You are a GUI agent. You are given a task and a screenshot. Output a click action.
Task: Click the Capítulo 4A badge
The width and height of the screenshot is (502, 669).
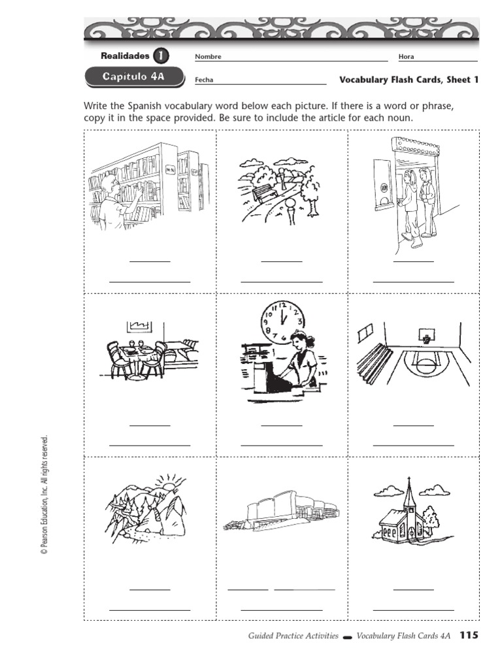133,77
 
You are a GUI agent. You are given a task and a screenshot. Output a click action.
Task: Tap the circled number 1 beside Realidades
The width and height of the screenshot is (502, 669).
160,56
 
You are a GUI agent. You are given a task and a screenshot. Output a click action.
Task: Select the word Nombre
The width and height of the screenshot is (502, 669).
209,57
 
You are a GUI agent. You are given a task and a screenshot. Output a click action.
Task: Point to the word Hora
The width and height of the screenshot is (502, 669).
406,57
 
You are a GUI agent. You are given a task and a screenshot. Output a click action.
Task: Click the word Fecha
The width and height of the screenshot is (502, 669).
204,80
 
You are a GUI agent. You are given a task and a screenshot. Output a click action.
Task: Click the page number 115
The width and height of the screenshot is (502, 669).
469,635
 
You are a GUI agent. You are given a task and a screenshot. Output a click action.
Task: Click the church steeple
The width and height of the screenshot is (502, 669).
410,498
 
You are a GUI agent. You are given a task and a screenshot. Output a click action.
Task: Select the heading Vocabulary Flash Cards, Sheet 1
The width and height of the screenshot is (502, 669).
409,80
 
